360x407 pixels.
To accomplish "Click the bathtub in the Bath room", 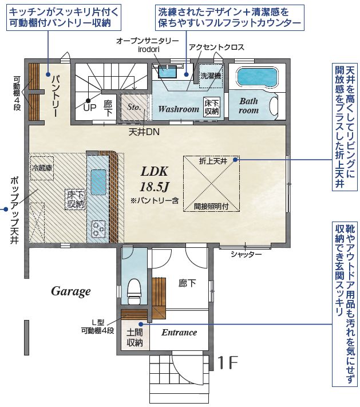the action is click(x=257, y=77).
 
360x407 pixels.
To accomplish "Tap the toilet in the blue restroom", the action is click(x=134, y=291).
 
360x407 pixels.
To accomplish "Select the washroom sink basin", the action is click(x=168, y=72).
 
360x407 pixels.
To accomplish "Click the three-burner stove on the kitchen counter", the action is click(x=98, y=229).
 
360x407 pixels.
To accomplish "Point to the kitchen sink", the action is click(x=98, y=182).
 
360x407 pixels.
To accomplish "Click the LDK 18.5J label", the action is click(x=155, y=179).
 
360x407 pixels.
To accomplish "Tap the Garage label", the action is click(x=70, y=291).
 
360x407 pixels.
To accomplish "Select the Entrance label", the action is click(x=179, y=332).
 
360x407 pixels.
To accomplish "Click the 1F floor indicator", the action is click(x=228, y=362).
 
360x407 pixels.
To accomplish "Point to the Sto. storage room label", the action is click(x=134, y=106).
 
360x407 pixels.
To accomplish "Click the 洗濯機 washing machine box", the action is click(x=211, y=76).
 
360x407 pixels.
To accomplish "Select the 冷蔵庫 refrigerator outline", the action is click(x=42, y=168).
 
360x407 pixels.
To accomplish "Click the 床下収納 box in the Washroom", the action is click(x=212, y=106).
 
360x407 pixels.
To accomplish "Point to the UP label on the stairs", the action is click(x=89, y=108).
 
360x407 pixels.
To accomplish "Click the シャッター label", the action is click(x=246, y=254).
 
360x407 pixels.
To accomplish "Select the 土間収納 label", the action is click(x=134, y=338).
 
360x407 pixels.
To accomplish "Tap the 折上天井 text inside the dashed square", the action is click(x=213, y=161).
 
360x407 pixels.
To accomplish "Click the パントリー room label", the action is click(x=56, y=96).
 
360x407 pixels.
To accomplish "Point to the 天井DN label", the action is click(x=144, y=132).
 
